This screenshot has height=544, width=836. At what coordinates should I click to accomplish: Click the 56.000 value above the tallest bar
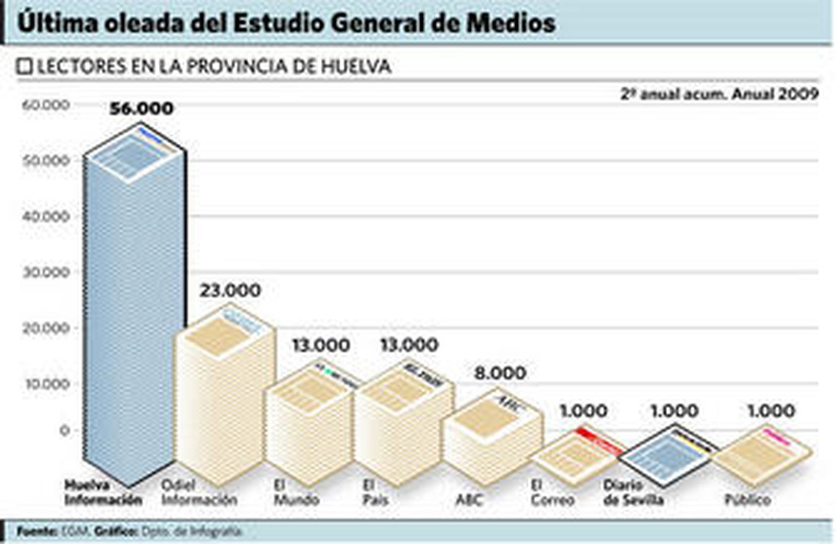tap(141, 109)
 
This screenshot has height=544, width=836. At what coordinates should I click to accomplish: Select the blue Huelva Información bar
tap(135, 314)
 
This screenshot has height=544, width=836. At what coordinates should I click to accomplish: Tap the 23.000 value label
tap(230, 291)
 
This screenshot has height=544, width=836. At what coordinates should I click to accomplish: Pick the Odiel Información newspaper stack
tap(226, 397)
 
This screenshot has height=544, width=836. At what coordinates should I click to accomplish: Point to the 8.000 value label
tap(500, 373)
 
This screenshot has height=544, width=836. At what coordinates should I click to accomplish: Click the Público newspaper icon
tap(763, 453)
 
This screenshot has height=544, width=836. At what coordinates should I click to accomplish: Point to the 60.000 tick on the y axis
tap(46, 105)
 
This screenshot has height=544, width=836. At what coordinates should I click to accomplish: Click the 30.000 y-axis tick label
tap(46, 272)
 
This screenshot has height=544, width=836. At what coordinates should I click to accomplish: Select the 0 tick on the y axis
tap(64, 431)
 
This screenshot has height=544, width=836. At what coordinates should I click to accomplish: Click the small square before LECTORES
tap(25, 67)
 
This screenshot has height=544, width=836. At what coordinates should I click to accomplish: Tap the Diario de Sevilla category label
tap(633, 492)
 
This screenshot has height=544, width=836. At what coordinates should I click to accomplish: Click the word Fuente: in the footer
tap(37, 532)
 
